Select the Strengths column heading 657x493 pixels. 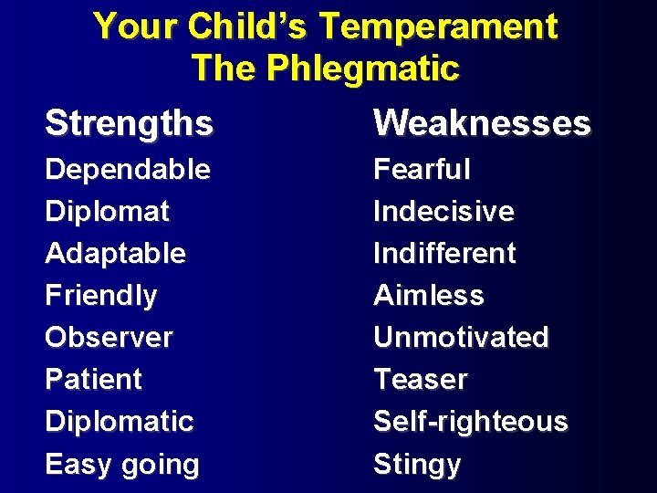[x=129, y=122]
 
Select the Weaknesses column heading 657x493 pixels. [x=482, y=122]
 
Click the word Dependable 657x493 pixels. [x=128, y=170]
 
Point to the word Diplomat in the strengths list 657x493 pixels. [x=107, y=212]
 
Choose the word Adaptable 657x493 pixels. [x=115, y=254]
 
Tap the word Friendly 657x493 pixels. [x=100, y=296]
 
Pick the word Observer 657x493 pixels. [x=109, y=338]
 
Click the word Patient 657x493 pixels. [x=93, y=380]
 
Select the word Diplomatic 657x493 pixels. [x=119, y=422]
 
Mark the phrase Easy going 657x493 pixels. [x=122, y=465]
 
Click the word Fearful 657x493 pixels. [x=422, y=170]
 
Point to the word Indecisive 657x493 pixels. [x=443, y=212]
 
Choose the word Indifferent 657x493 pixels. [x=444, y=254]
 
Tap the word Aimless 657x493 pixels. [x=429, y=296]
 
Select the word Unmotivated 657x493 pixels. [x=461, y=338]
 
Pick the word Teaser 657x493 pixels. [x=420, y=380]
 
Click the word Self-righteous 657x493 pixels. [x=470, y=422]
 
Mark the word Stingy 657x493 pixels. [x=417, y=465]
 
